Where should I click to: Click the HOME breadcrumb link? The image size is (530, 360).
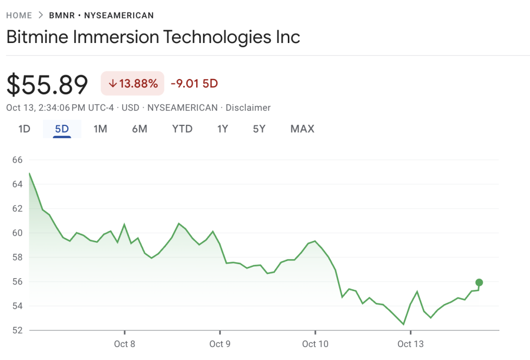[19, 16]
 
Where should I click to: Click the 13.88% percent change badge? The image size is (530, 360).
[132, 83]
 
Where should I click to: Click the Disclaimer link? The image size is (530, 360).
[248, 108]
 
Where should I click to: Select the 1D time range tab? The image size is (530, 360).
[24, 129]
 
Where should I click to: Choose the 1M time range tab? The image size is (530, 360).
[100, 129]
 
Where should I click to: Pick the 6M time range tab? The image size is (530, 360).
[140, 129]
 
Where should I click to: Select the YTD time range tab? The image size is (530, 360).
[182, 129]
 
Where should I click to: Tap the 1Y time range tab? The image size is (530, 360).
[223, 129]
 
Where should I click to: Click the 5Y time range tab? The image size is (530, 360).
[259, 129]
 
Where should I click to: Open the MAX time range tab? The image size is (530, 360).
[302, 129]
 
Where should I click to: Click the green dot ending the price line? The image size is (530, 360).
[479, 282]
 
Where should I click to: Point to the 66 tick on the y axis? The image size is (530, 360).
[18, 160]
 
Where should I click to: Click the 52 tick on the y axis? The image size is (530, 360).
[18, 330]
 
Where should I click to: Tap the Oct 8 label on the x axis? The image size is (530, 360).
[125, 344]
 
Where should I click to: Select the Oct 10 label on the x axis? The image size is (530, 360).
[315, 344]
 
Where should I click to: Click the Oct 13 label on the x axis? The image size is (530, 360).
[410, 344]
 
